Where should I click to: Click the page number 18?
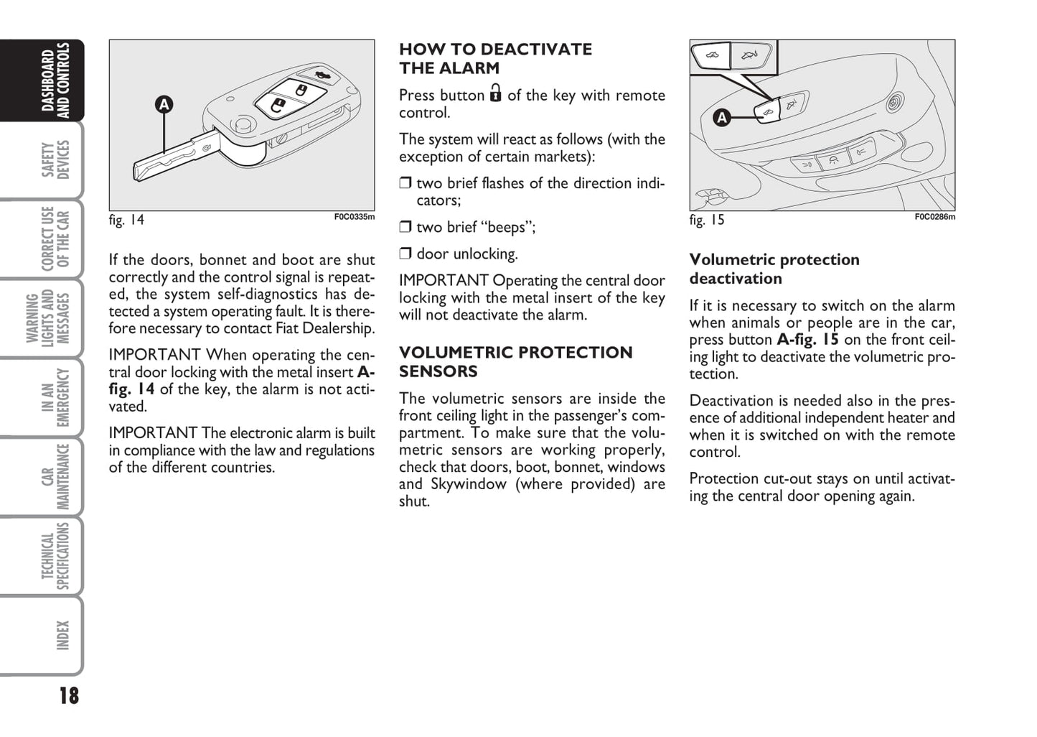coord(69,695)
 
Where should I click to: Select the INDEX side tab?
coord(62,635)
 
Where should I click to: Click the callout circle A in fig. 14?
coord(164,105)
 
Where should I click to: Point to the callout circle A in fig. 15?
coord(722,117)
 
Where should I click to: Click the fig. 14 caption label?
coord(126,220)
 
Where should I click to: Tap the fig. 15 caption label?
coord(707,220)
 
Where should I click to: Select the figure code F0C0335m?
coord(354,217)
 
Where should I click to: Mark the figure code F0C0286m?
coord(934,217)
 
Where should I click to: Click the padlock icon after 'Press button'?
coord(495,93)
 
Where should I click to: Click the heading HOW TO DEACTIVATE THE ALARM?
coord(495,59)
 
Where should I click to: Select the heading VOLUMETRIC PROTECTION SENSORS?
coord(515,361)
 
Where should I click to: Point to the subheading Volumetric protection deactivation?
coord(774,269)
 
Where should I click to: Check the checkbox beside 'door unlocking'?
coord(405,254)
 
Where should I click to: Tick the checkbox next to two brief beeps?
coord(405,227)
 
